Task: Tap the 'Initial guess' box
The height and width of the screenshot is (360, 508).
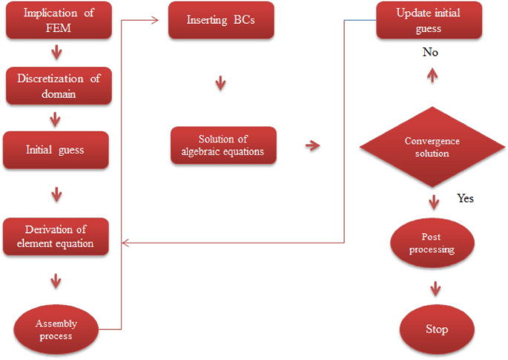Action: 56,150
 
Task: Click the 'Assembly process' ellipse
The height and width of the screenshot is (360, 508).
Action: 56,330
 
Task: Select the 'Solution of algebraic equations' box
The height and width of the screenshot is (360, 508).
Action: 223,145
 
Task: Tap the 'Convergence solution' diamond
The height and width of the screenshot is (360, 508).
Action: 432,147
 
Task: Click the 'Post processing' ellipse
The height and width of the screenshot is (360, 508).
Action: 431,244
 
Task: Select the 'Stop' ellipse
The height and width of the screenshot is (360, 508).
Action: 437,330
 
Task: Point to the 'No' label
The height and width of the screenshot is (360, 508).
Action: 430,53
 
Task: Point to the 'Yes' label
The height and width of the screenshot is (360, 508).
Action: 465,198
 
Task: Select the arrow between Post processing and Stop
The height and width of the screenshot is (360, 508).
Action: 435,289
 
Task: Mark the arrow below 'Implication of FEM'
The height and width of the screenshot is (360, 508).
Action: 56,53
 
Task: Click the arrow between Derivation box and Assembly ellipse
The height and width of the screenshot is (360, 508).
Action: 56,281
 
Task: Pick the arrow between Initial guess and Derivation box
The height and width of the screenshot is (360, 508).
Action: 56,194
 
